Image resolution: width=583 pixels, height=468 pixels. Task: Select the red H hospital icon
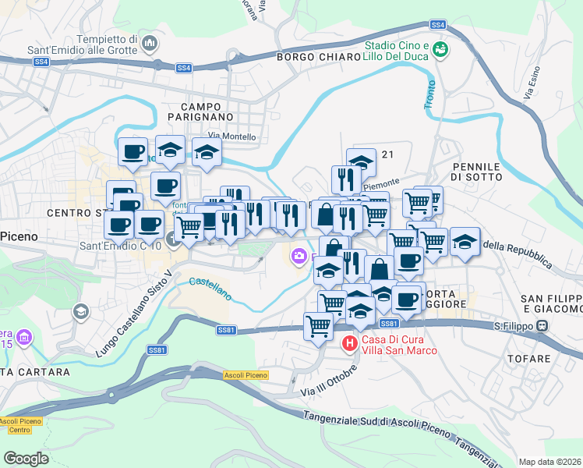point(350,342)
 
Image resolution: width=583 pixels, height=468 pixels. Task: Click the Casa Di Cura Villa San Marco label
point(398,344)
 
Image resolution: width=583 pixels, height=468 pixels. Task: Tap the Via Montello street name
point(231,136)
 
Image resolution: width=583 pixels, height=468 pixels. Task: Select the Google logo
point(26,459)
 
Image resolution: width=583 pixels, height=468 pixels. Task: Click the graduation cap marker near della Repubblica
point(465,242)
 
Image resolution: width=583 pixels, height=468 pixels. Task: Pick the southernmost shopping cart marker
point(318,325)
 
